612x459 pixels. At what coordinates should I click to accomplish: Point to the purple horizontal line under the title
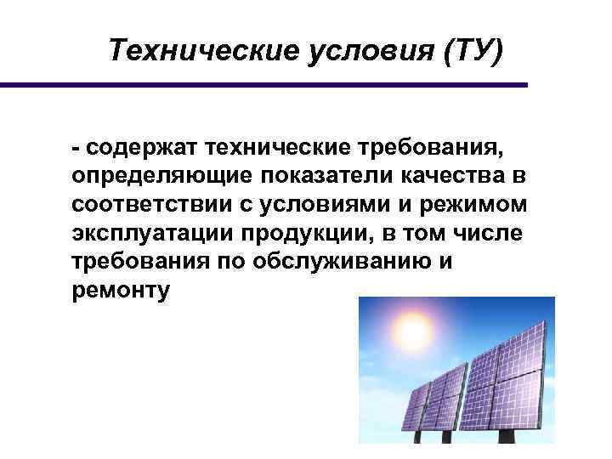[263, 85]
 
